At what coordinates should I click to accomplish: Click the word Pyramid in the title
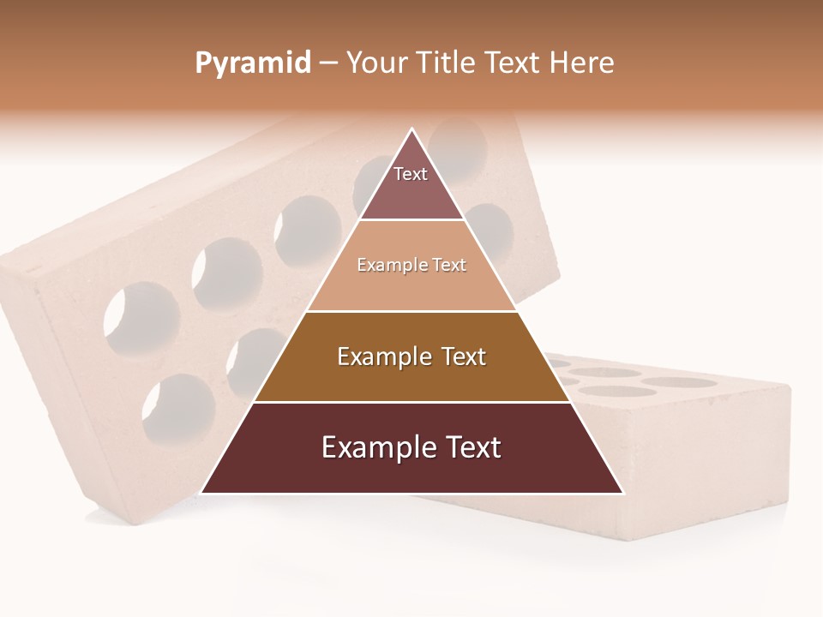click(252, 63)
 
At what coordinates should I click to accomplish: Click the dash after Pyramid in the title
click(327, 64)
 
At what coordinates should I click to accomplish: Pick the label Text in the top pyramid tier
click(411, 174)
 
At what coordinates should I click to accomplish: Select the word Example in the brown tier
click(383, 356)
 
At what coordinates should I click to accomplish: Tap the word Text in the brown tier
click(464, 356)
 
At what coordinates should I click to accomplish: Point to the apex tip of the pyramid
click(412, 129)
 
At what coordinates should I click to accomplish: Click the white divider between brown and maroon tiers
click(411, 402)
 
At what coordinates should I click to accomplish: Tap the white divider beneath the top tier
click(411, 220)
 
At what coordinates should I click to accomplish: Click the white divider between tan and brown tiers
click(411, 311)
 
